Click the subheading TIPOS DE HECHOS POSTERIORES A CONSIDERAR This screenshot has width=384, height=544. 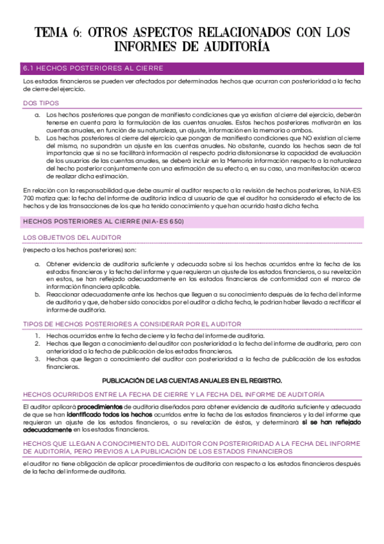[131, 324]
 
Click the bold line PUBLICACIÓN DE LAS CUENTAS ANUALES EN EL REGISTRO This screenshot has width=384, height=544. [192, 380]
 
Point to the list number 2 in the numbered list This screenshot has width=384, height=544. [37, 344]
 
